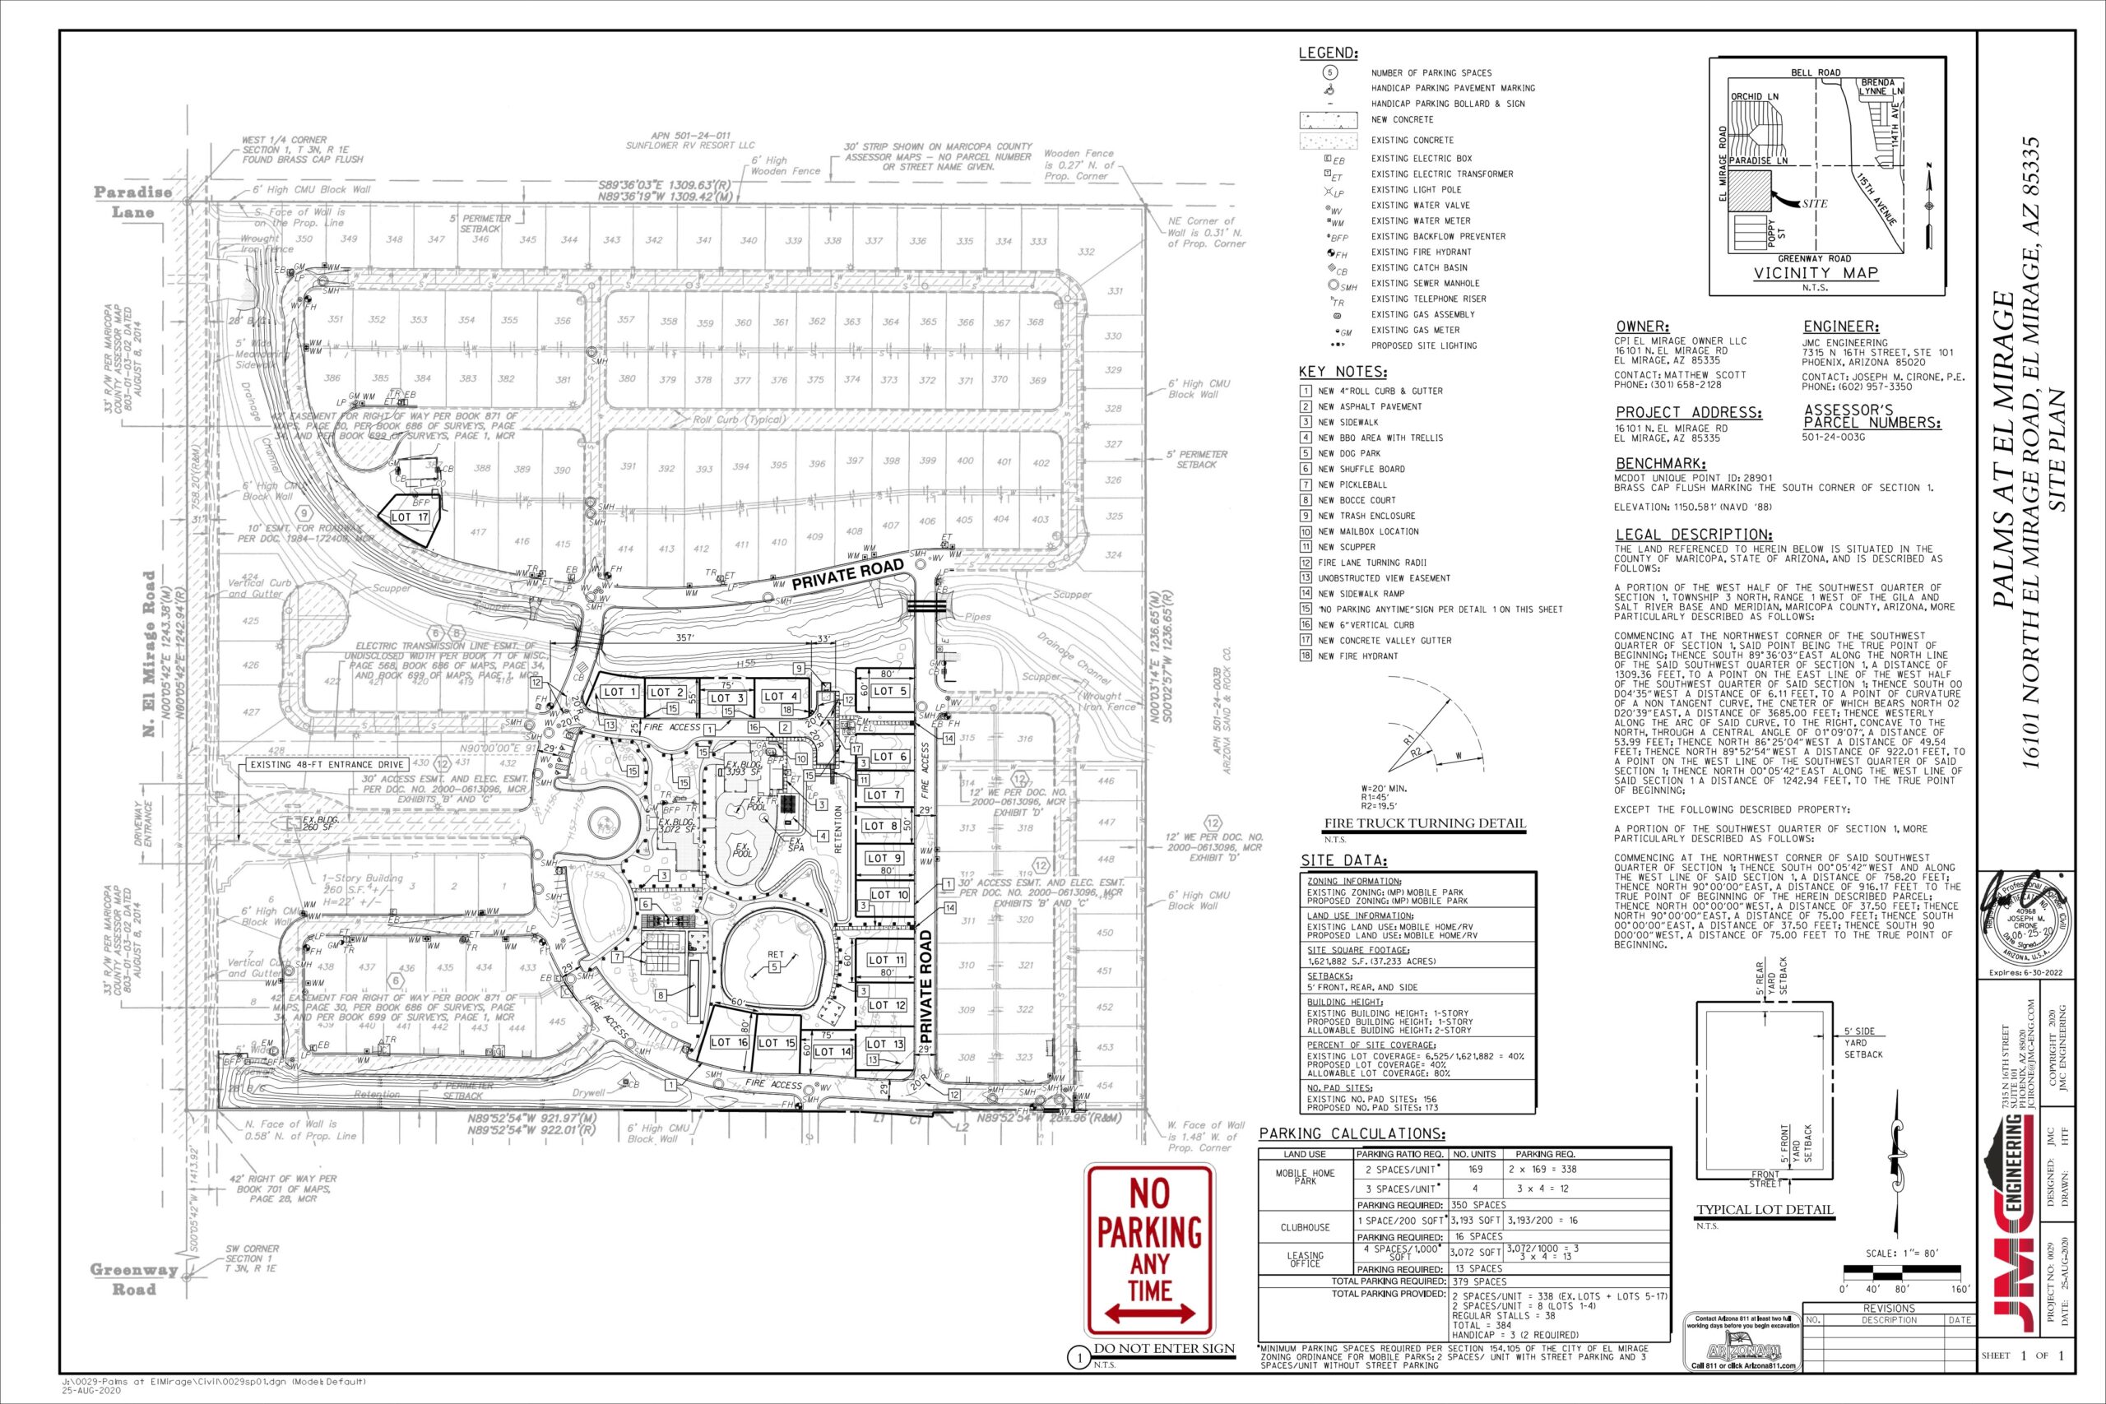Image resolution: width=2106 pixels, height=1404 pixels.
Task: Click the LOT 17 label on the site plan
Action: [411, 517]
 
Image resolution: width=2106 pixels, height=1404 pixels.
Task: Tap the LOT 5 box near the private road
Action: [890, 690]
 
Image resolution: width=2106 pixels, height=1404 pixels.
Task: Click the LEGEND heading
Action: [1328, 53]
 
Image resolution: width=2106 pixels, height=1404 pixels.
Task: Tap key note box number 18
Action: [1306, 656]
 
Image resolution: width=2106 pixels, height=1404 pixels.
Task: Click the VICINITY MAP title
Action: [1815, 273]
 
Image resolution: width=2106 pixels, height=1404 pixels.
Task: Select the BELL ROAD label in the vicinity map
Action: [1809, 72]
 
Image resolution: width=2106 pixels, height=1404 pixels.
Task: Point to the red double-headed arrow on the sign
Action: [1150, 1314]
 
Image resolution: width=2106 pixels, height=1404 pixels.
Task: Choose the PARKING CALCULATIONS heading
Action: [1352, 1133]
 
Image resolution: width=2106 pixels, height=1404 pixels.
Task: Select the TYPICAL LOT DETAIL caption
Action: [1765, 1211]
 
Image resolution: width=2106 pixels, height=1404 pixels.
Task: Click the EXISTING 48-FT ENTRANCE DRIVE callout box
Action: [327, 765]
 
